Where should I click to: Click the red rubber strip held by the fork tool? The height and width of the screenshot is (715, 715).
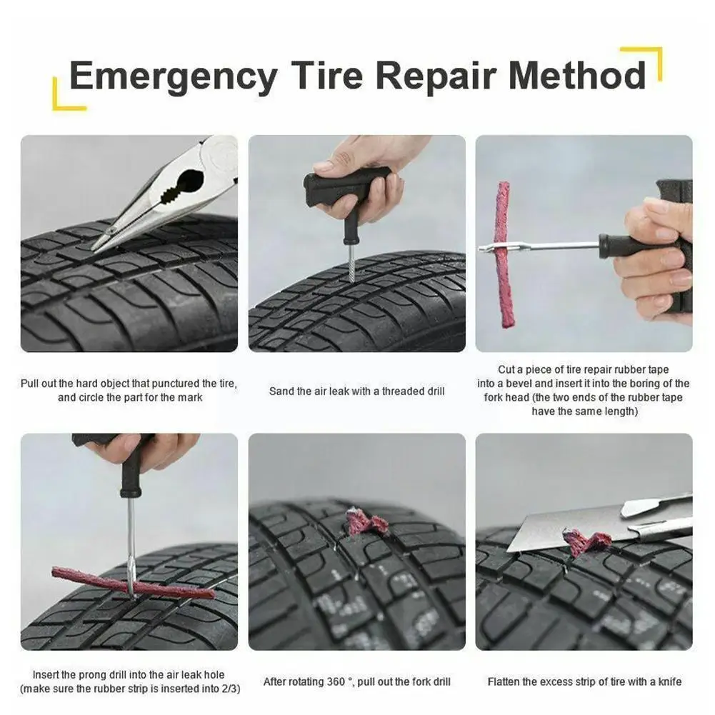click(x=505, y=254)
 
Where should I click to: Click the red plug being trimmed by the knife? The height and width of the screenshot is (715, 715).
click(x=586, y=543)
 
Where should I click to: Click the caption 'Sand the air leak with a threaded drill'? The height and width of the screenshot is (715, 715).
click(x=356, y=391)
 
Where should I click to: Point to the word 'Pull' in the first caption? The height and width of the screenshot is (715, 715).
click(x=31, y=384)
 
